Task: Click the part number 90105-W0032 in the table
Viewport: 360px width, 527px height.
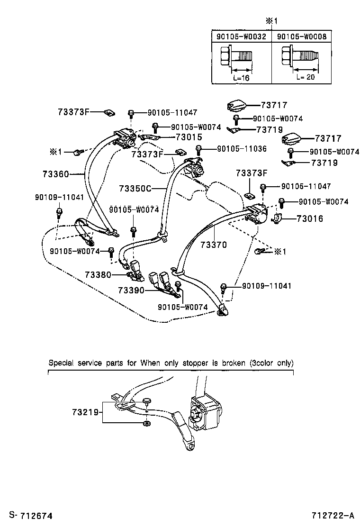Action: (241, 36)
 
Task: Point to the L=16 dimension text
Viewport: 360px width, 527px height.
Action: (241, 78)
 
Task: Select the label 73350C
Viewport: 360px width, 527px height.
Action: (135, 189)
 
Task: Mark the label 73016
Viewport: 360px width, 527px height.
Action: (310, 218)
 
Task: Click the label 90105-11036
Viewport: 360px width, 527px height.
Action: (242, 149)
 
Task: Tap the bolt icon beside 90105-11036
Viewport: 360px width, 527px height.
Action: (199, 150)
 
